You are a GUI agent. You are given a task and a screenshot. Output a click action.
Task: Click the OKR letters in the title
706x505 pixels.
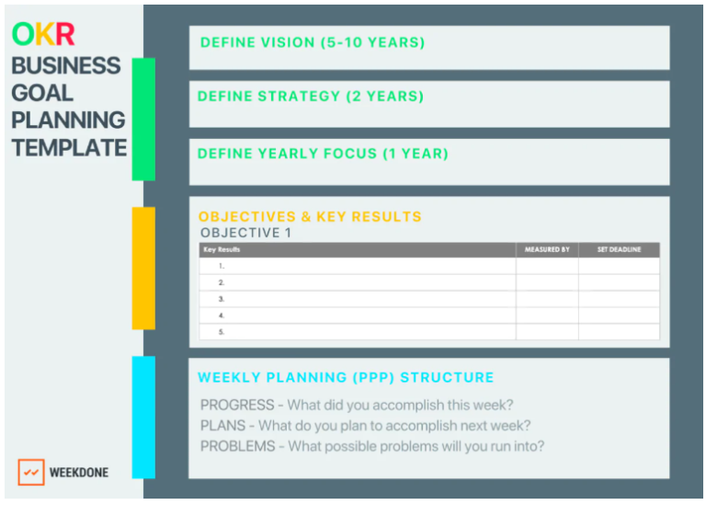click(43, 35)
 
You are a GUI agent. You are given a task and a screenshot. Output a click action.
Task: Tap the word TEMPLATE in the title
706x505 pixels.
click(69, 147)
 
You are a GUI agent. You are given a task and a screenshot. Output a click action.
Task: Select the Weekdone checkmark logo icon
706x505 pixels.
click(31, 472)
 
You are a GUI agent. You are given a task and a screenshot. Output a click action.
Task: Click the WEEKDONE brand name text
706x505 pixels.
click(78, 473)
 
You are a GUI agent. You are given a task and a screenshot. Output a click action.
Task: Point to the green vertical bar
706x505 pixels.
click(143, 120)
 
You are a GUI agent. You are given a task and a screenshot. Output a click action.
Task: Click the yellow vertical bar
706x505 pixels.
click(143, 268)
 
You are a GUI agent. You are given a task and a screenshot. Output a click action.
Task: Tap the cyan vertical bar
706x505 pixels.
click(143, 417)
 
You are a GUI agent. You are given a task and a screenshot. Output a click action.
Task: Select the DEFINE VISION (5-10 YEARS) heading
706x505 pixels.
click(313, 42)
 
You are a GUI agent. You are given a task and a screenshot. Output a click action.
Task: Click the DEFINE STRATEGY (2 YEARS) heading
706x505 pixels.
click(311, 97)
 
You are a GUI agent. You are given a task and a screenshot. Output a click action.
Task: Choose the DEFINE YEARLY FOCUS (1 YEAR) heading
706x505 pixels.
click(323, 154)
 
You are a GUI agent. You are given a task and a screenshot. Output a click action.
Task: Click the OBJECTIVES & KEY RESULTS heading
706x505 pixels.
click(310, 217)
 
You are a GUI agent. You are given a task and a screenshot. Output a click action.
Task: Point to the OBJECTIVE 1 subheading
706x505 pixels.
click(245, 233)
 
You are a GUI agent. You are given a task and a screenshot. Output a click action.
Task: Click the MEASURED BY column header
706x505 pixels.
click(547, 249)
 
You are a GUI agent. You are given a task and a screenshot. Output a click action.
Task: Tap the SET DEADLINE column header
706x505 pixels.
click(619, 249)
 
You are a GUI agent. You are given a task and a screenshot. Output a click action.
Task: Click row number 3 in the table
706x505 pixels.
click(222, 299)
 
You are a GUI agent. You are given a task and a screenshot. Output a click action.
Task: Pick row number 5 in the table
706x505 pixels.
click(222, 332)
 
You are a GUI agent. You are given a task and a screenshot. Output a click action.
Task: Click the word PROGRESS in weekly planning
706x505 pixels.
click(237, 405)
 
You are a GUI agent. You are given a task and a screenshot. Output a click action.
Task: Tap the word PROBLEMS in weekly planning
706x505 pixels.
click(238, 446)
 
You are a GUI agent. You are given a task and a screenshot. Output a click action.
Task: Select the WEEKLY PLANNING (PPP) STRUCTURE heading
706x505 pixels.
click(346, 377)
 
